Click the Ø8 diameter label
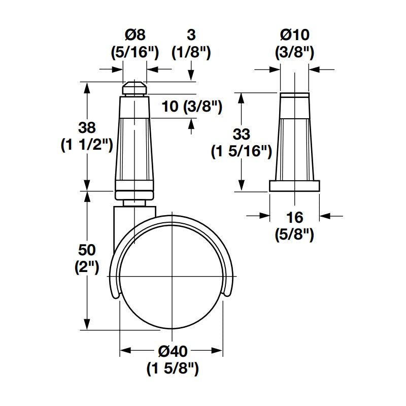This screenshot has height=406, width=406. (x=135, y=35)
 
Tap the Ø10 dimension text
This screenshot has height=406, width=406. (x=295, y=35)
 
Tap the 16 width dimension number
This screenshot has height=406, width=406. (x=295, y=218)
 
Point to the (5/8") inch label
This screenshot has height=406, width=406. (x=295, y=234)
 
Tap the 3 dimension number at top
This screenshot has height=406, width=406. (x=191, y=35)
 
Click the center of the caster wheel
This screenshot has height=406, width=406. (x=172, y=279)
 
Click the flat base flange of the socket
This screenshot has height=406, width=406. (x=295, y=186)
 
